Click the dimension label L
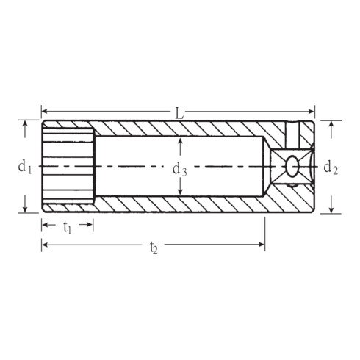click(179, 114)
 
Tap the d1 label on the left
click(25, 168)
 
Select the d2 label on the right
click(331, 168)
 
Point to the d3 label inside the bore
click(180, 169)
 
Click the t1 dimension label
click(67, 228)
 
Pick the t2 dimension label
click(154, 248)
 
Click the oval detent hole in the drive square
click(292, 166)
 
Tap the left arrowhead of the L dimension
click(44, 112)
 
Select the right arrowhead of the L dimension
click(312, 112)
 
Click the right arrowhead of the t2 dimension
click(262, 245)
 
